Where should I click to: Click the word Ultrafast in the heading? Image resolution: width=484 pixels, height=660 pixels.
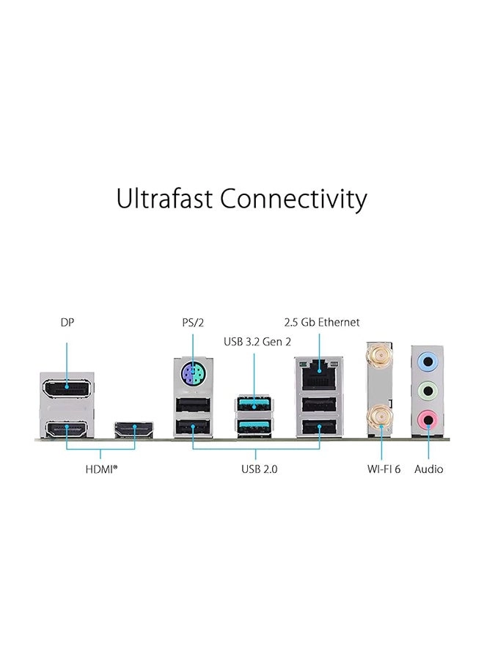point(165,199)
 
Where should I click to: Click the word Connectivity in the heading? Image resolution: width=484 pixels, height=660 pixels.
point(293,199)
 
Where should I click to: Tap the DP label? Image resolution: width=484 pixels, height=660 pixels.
point(67,322)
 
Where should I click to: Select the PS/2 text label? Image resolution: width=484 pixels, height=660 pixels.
point(192,322)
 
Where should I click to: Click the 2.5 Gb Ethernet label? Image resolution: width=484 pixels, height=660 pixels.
point(322,322)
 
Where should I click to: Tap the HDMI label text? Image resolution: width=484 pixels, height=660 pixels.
point(101,469)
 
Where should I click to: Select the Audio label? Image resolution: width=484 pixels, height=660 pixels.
point(429,469)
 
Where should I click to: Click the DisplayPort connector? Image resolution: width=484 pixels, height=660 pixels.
point(67,386)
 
